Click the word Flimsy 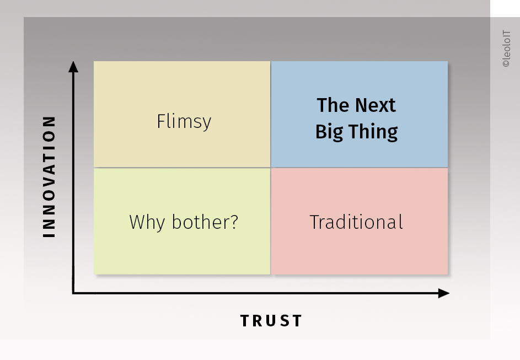tap(184, 122)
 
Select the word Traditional tap(357, 222)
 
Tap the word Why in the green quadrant tap(147, 222)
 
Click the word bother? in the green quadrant tap(205, 222)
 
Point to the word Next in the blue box tap(376, 105)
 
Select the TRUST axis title tap(271, 321)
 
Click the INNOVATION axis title tap(49, 176)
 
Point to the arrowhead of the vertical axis tap(73, 66)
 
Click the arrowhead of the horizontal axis tap(444, 293)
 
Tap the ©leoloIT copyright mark tap(506, 49)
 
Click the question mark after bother tap(234, 222)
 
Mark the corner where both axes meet tap(73, 293)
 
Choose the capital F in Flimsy tap(161, 121)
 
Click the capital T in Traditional tap(315, 222)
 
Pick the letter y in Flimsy tap(207, 124)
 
